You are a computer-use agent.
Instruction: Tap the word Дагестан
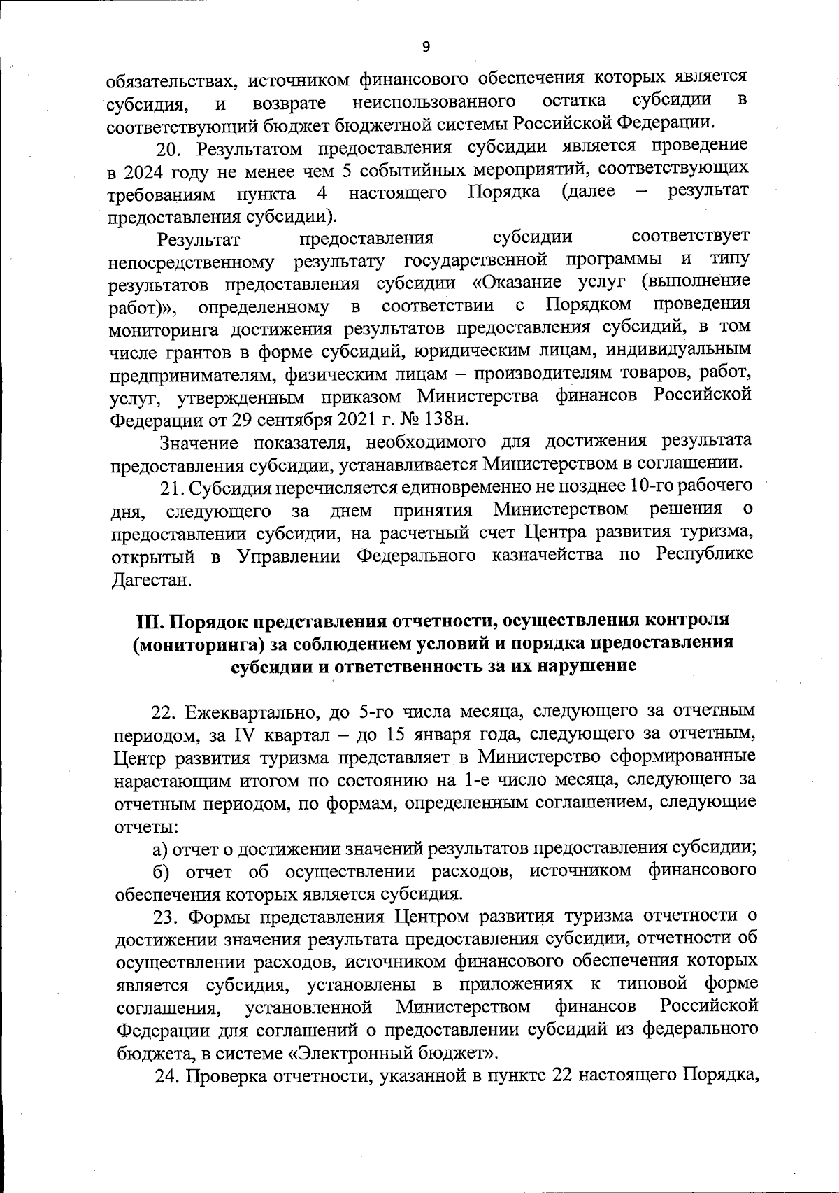(150, 580)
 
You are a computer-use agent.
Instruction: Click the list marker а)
(161, 849)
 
